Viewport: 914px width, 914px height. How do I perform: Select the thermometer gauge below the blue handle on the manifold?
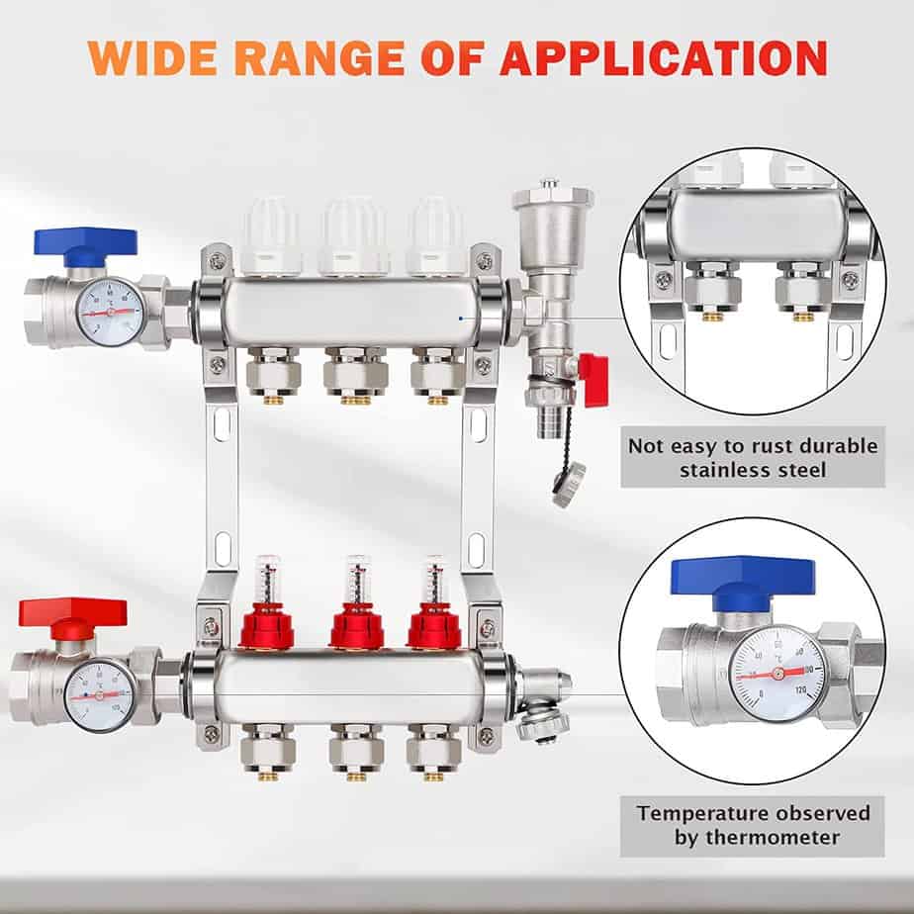click(110, 312)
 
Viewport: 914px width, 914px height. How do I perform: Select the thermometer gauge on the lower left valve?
click(99, 694)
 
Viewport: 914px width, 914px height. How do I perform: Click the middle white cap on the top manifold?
click(353, 237)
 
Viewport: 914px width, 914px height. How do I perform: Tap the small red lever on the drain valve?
click(594, 379)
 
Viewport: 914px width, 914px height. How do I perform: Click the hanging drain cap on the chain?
click(569, 484)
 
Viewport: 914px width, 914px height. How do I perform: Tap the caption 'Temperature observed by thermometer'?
click(753, 825)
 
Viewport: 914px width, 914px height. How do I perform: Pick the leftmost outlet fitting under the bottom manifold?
click(268, 752)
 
